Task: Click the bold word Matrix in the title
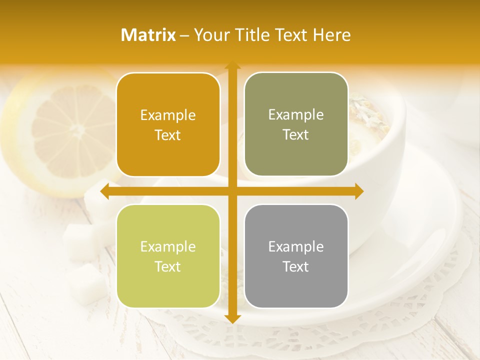[148, 35]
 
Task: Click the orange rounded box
[168, 125]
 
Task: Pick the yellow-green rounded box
[168, 256]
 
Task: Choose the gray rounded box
[296, 256]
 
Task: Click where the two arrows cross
[232, 191]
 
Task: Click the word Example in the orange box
[168, 115]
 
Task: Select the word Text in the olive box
[296, 134]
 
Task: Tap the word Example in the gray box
[296, 246]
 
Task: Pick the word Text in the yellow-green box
[168, 266]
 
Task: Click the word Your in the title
[209, 35]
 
